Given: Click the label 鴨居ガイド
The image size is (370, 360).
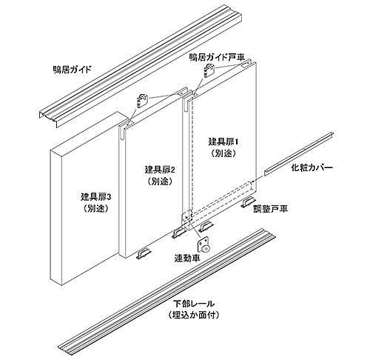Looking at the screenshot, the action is (72, 69).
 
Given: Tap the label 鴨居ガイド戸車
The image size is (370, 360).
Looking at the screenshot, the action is (217, 57).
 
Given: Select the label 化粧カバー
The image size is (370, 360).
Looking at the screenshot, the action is (312, 168).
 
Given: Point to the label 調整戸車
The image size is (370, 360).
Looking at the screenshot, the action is (271, 209).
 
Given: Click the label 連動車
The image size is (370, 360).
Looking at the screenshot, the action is (187, 258).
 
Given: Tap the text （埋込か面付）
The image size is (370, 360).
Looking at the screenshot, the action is (193, 315).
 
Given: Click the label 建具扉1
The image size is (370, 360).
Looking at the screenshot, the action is (223, 142).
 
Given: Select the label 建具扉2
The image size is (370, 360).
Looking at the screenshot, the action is (160, 170).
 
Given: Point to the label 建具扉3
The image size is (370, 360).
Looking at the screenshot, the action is (96, 197).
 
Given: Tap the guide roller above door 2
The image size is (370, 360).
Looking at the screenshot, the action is (141, 101).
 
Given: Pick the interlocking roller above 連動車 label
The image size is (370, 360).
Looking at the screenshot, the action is (205, 245).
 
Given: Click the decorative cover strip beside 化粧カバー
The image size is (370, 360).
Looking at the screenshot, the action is (299, 154).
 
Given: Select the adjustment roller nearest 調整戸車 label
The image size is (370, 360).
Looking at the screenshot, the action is (249, 202).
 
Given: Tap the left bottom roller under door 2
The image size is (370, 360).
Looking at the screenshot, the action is (143, 253).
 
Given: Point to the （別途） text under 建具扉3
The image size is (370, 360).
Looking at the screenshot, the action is (96, 209).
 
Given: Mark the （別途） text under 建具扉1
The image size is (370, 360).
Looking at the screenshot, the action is (223, 153).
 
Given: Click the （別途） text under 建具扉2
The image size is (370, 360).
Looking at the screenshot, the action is (160, 181).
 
